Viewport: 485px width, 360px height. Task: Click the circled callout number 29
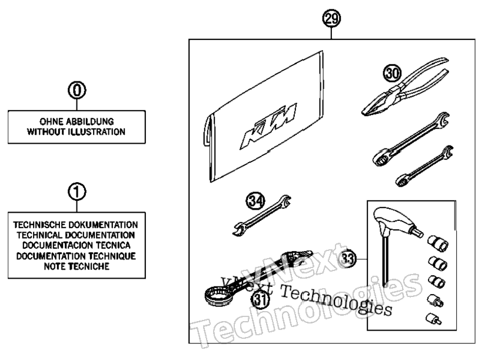331,19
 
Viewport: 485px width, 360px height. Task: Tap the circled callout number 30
392,74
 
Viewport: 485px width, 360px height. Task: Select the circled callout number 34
255,200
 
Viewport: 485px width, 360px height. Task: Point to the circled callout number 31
260,299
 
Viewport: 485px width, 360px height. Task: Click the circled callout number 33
347,258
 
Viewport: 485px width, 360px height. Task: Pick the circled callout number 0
77,90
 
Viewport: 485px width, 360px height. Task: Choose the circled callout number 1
77,191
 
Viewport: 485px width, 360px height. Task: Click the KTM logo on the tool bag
268,125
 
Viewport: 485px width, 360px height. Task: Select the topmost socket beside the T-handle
438,243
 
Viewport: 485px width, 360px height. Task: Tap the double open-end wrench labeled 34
262,216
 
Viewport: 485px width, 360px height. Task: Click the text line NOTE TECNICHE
77,266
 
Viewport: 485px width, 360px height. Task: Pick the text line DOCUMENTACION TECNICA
77,246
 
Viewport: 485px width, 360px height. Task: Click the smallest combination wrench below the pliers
425,166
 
